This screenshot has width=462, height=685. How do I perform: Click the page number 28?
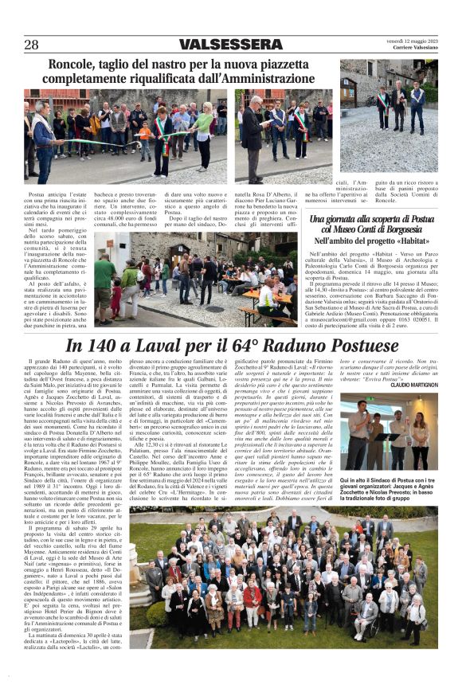coord(31,45)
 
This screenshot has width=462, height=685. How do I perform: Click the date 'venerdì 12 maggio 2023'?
coord(412,41)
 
